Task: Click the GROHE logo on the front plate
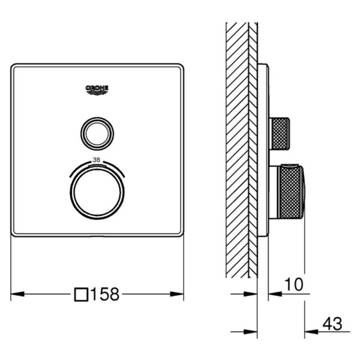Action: [97, 90]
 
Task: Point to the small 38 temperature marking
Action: [97, 160]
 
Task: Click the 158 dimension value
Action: [105, 294]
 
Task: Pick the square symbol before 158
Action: [81, 295]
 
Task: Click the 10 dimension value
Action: [294, 284]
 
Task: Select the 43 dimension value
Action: [332, 324]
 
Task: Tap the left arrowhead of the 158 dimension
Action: [17, 294]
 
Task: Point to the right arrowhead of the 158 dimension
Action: [177, 294]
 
